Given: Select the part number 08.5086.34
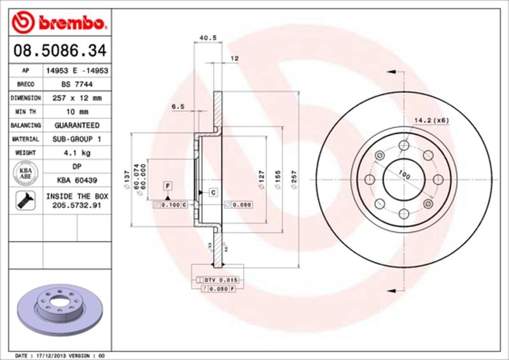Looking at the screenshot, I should coord(58,50).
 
